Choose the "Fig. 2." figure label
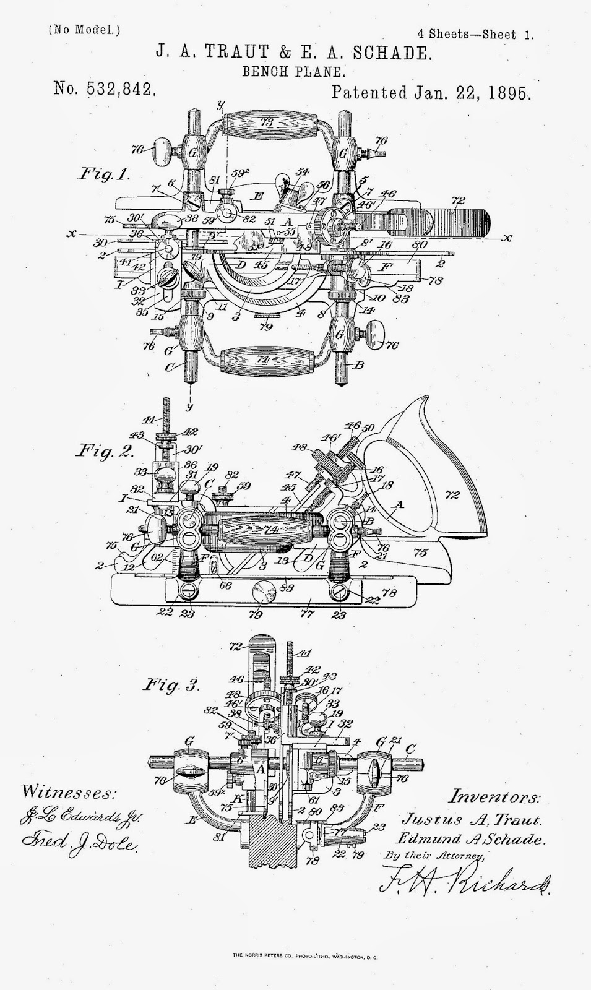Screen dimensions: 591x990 point(104,450)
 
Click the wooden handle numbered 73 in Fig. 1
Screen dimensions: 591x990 point(267,123)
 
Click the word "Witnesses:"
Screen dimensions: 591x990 point(68,793)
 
